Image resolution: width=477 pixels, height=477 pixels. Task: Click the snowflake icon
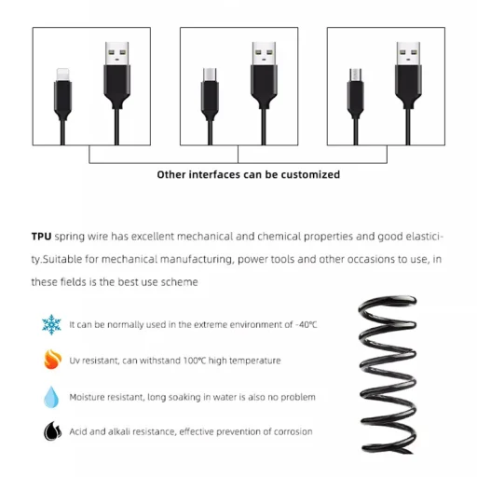click(x=51, y=325)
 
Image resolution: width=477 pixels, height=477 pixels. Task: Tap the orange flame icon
click(x=51, y=361)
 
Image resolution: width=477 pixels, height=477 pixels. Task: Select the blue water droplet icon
click(x=51, y=397)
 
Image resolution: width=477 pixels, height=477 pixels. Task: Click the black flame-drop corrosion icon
click(x=51, y=431)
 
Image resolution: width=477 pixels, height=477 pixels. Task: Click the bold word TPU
click(x=42, y=238)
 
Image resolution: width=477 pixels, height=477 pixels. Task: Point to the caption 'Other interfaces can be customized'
click(x=248, y=174)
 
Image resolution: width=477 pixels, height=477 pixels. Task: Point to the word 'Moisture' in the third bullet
click(x=89, y=397)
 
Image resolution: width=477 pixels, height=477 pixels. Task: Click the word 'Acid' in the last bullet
click(x=79, y=431)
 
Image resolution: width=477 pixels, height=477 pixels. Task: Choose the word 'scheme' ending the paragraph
click(x=178, y=281)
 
